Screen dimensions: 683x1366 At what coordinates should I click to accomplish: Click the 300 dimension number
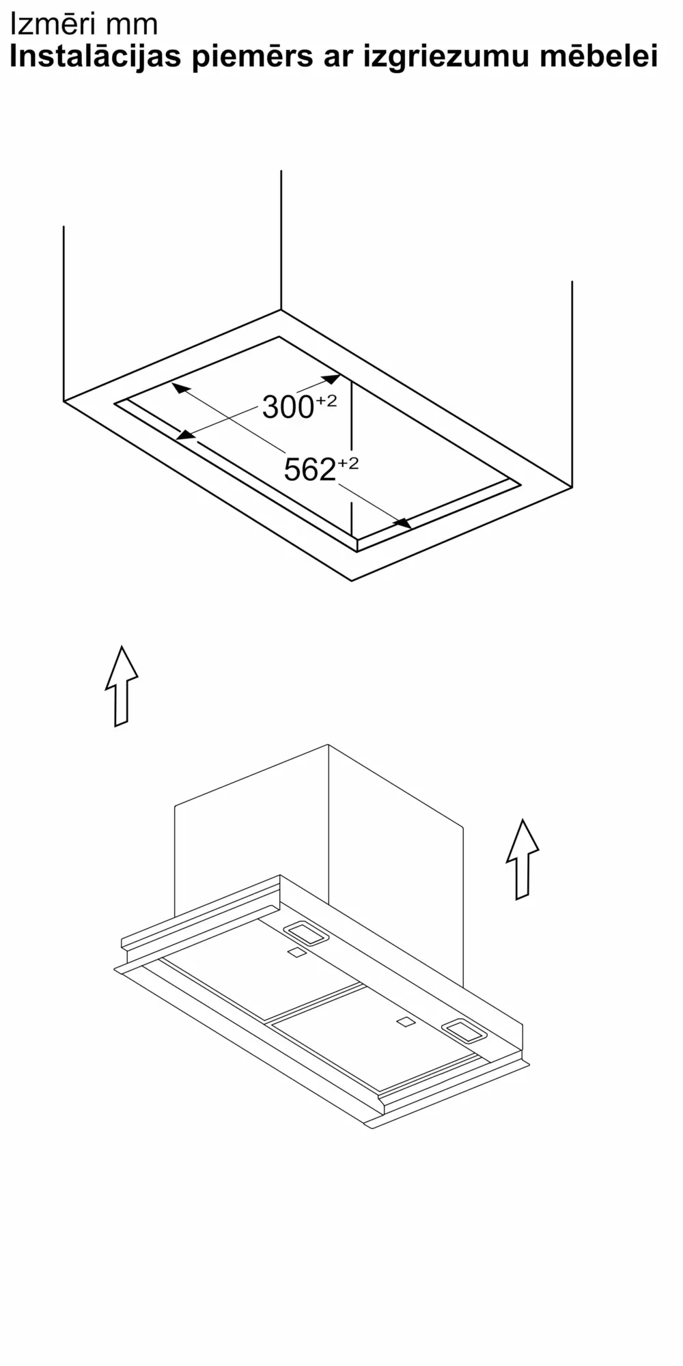click(x=288, y=408)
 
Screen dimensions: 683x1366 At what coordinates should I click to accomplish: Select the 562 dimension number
click(x=309, y=470)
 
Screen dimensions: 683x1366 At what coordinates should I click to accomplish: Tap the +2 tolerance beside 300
click(x=326, y=401)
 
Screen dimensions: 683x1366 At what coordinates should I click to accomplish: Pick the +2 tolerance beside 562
click(x=347, y=464)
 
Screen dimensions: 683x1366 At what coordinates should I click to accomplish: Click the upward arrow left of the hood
click(x=122, y=686)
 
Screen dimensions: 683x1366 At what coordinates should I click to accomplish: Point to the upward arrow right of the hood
click(x=522, y=859)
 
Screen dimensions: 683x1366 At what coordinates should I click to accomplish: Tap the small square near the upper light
click(x=296, y=953)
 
